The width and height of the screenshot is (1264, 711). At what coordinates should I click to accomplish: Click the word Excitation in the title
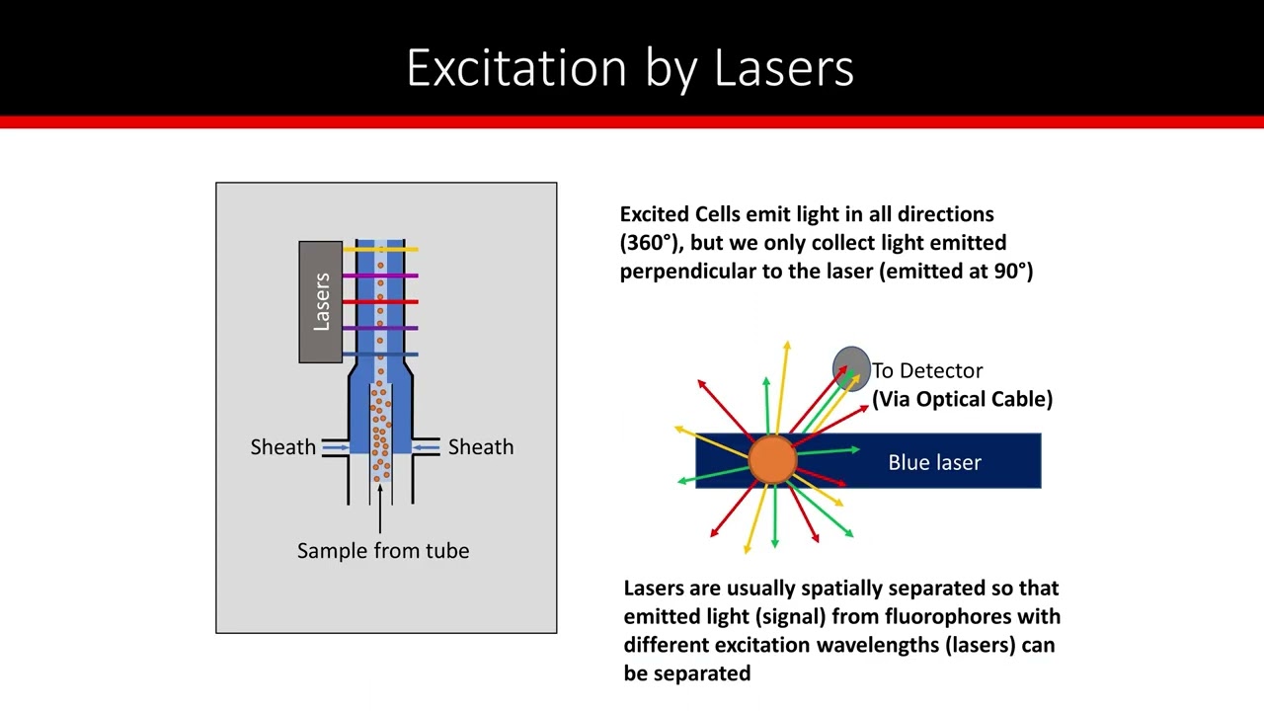click(515, 69)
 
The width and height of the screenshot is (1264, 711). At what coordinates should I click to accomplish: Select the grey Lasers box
click(321, 301)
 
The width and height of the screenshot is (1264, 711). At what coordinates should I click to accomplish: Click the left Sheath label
click(282, 447)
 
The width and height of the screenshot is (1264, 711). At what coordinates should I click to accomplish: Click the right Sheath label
click(480, 447)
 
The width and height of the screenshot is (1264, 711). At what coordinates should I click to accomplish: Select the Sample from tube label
click(383, 551)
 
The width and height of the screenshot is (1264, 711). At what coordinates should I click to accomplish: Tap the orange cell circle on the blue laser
click(772, 461)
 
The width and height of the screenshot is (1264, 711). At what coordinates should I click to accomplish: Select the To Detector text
click(927, 371)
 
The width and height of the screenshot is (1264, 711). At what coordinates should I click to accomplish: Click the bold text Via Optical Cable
click(962, 399)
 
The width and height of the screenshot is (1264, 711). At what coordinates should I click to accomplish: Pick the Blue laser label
click(934, 462)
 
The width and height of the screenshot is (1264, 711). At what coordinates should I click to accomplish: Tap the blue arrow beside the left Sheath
click(336, 447)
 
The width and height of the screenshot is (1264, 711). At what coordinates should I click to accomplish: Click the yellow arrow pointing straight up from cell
click(786, 385)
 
